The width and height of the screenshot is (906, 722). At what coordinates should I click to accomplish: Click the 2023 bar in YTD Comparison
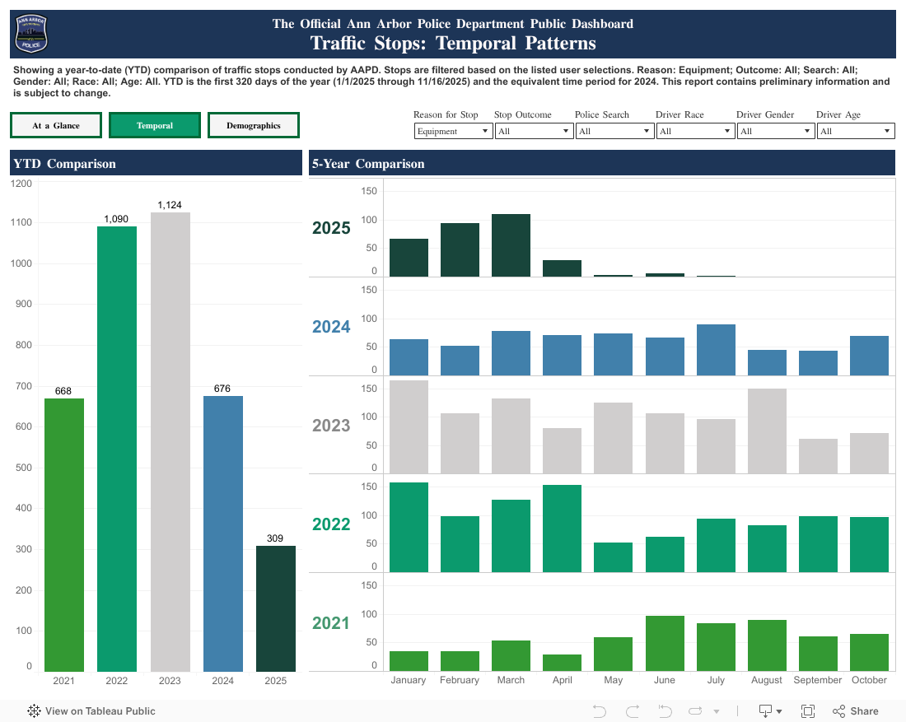pos(170,442)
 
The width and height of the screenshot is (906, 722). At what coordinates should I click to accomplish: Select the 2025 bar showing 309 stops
pos(275,608)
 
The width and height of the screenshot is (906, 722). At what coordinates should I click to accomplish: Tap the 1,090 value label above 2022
pos(116,218)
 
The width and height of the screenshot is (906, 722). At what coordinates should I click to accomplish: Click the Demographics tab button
pos(254,126)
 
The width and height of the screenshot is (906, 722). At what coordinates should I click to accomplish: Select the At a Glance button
pos(56,126)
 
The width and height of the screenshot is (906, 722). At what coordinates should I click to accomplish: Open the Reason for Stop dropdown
pos(453,132)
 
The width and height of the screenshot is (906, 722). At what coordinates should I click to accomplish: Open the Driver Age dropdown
pos(855,132)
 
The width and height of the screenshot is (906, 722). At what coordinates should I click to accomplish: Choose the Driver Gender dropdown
pos(775,132)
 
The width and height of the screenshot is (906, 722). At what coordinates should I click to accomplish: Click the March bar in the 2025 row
pos(511,245)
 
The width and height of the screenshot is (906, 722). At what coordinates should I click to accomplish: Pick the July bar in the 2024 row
pos(716,350)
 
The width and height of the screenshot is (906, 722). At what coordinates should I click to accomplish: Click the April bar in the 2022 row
pos(562,529)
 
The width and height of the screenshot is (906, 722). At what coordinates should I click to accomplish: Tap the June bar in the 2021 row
pos(665,643)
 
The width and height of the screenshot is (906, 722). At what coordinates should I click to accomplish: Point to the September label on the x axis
pos(818,680)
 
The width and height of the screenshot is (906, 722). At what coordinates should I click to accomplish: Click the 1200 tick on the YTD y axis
pos(22,183)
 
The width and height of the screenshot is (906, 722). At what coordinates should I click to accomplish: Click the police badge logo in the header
pos(32,34)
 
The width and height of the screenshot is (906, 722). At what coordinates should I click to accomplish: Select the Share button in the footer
pos(856,711)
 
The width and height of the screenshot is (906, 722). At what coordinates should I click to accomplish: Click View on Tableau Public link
pos(91,711)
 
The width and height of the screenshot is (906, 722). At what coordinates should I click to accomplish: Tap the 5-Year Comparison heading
pos(367,164)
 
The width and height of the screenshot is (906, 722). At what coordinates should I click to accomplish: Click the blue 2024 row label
pos(331,327)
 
